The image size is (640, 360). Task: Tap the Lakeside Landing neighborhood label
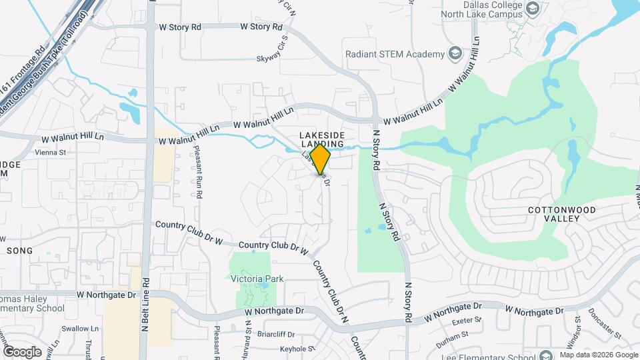click(321, 139)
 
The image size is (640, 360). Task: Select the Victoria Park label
click(257, 279)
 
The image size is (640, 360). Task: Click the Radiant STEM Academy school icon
click(455, 54)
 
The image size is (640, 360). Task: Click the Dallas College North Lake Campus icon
click(532, 8)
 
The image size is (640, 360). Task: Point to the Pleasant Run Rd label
click(199, 172)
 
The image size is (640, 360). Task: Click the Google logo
click(22, 351)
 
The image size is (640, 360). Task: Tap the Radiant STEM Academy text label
click(395, 54)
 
